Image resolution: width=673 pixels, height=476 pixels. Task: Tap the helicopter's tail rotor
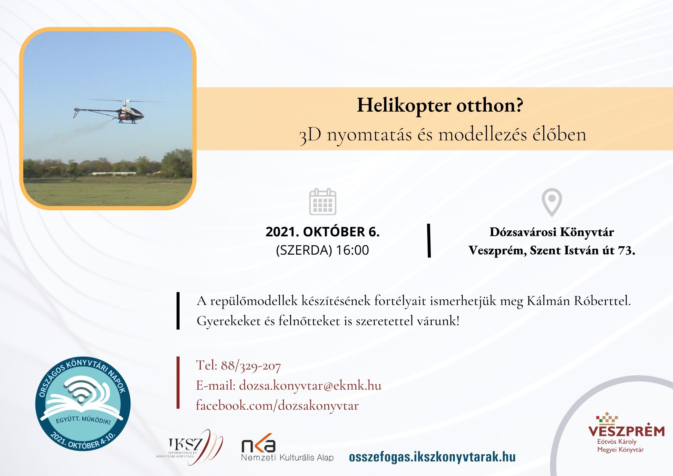[x=76, y=112]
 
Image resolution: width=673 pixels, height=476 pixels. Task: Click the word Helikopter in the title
[x=404, y=106]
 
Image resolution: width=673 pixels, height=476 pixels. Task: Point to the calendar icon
[x=323, y=202]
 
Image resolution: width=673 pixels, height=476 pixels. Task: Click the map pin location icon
[x=552, y=202]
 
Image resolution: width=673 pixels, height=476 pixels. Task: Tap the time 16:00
[x=352, y=250]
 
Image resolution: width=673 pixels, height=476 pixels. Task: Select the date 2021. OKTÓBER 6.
[x=323, y=232]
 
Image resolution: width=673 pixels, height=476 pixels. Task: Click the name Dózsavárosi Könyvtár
[x=552, y=232]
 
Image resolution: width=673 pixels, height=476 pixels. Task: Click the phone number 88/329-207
[x=251, y=366]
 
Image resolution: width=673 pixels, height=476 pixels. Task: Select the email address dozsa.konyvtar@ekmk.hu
[x=310, y=385]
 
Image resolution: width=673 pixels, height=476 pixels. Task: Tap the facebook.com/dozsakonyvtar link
[x=277, y=406]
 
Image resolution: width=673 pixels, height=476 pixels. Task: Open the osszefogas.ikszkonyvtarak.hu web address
[x=432, y=457]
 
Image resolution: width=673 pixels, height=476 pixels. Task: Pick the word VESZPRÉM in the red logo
[x=627, y=431]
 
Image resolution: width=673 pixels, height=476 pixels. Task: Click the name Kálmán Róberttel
[x=579, y=301]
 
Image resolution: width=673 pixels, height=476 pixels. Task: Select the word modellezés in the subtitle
[x=483, y=135]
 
